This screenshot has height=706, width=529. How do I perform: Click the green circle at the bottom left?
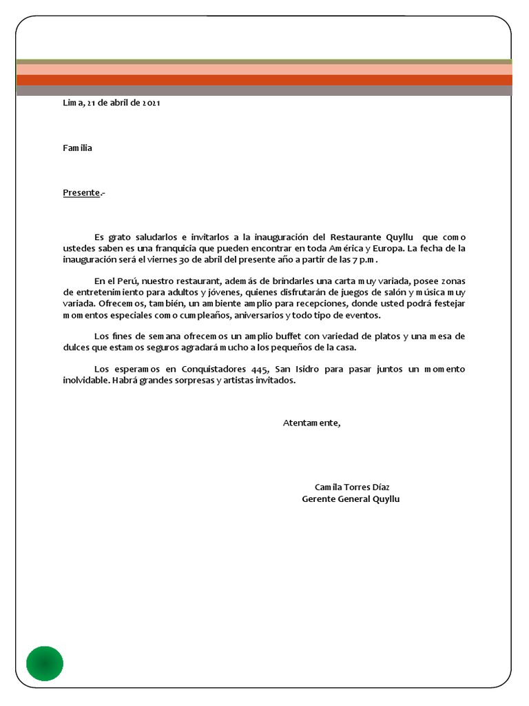[x=45, y=664]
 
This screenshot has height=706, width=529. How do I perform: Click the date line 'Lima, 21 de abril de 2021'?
[x=112, y=103]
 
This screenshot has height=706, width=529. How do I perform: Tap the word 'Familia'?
[x=78, y=148]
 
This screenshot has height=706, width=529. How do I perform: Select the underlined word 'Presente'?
[x=82, y=192]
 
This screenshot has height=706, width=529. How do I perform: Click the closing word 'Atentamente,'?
[x=311, y=423]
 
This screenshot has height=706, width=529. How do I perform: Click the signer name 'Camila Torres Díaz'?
[x=351, y=487]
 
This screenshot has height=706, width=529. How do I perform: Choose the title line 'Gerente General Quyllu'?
[x=351, y=498]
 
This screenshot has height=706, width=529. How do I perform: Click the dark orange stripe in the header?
[x=264, y=80]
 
